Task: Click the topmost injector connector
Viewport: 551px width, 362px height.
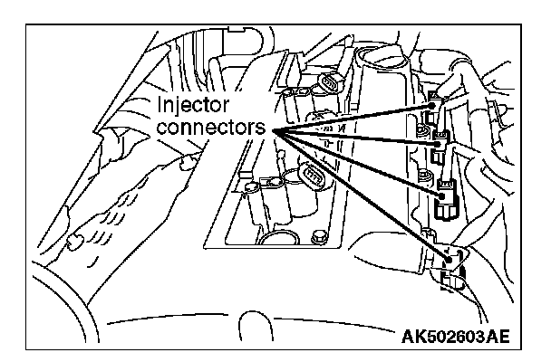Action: click(434, 110)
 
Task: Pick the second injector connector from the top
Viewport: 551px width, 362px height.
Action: click(441, 138)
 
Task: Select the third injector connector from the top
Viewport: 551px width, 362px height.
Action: click(446, 195)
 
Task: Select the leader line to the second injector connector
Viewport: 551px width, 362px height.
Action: click(353, 136)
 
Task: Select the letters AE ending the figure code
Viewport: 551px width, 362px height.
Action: click(494, 338)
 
